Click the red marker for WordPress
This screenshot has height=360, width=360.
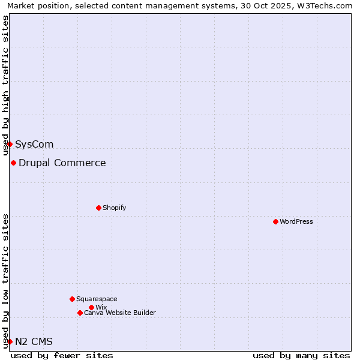pos(275,221)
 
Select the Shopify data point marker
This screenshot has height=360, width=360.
pos(98,208)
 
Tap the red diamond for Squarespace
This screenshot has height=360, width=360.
pos(72,299)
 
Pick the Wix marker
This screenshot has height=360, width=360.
pos(91,307)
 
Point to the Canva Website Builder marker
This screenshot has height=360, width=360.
pos(80,313)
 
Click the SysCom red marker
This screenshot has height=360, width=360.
pos(10,144)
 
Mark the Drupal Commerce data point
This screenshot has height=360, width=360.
pos(13,163)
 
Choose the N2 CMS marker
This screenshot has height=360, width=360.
pos(10,341)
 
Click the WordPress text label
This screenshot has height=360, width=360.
pos(296,221)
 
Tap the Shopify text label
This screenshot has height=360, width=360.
pos(115,208)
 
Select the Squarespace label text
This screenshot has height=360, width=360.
pos(97,299)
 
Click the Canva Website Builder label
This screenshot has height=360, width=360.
pos(120,313)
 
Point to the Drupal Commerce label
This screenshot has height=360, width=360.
pos(62,163)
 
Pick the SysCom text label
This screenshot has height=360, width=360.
pos(34,144)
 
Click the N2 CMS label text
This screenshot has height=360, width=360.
pos(34,341)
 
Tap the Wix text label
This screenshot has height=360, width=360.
pos(101,307)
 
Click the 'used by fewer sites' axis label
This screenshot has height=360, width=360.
pos(62,355)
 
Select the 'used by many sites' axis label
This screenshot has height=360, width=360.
pos(301,355)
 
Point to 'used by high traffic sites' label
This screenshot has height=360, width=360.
pos(6,86)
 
